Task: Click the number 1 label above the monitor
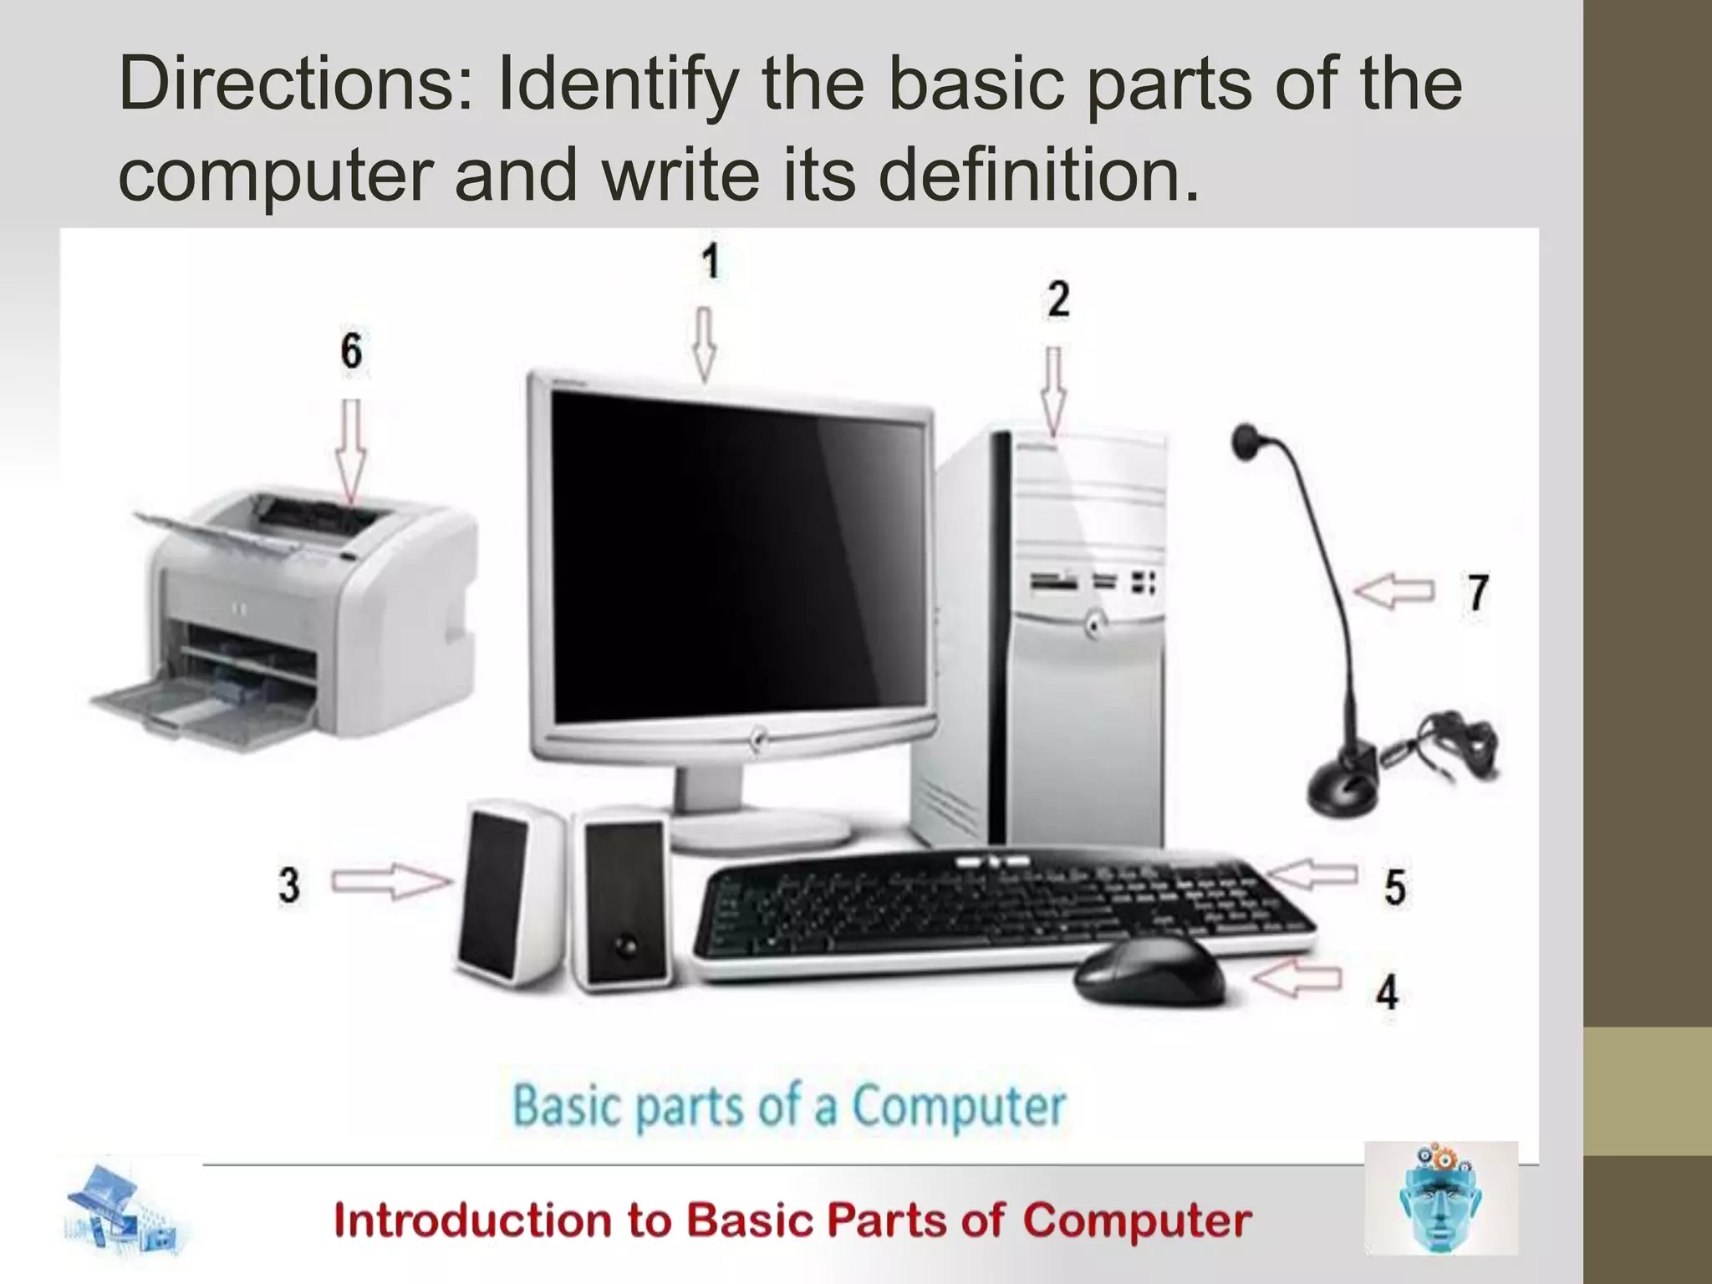(711, 262)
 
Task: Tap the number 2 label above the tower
(1057, 299)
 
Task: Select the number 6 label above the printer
(351, 350)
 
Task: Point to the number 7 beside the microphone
(1478, 593)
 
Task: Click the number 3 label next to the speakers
(289, 884)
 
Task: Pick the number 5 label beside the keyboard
(1394, 887)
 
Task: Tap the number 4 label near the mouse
(1387, 992)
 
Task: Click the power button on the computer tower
(1093, 623)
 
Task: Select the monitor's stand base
(761, 831)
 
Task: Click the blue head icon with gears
(1440, 1198)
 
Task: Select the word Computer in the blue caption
(958, 1106)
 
